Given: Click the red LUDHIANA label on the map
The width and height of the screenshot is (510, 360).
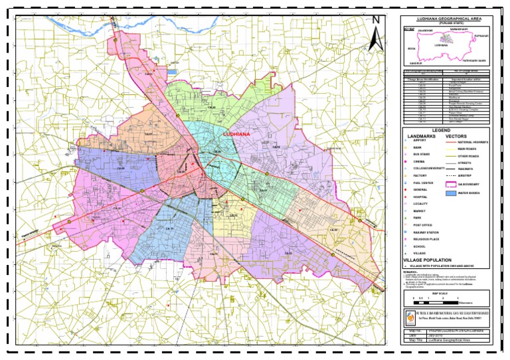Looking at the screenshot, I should (233, 134).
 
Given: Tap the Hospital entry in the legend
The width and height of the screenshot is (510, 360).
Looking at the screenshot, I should (420, 197).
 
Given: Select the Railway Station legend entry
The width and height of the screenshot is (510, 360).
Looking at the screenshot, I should (424, 232).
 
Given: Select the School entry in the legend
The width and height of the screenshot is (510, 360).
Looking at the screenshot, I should (419, 246).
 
